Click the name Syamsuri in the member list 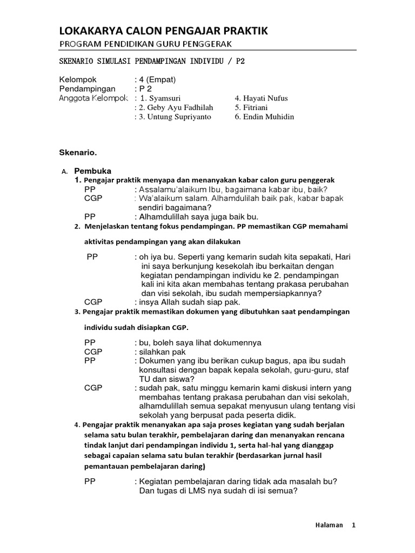click(165, 98)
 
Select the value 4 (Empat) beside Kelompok click(157, 79)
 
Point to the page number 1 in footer click(353, 525)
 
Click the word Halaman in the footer click(329, 525)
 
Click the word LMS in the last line click(185, 491)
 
